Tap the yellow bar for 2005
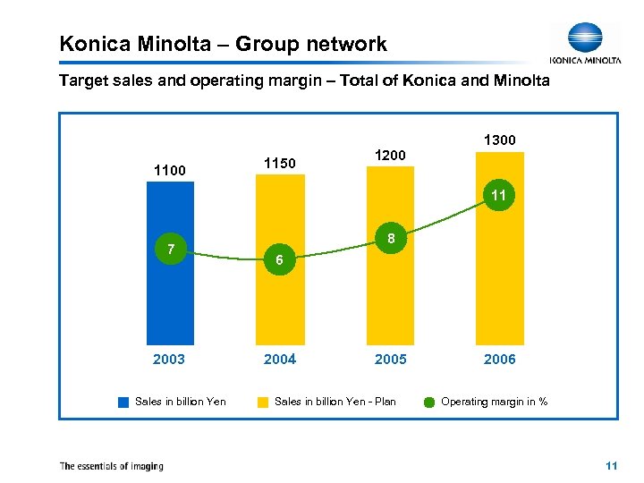(390, 286)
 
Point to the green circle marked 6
(280, 259)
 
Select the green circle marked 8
(390, 239)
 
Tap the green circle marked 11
(499, 195)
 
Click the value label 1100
(169, 169)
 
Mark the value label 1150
(280, 163)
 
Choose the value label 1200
(390, 155)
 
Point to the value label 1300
(499, 140)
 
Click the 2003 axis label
(169, 360)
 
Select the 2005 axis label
(390, 360)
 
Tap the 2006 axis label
(499, 360)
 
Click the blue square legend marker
(123, 402)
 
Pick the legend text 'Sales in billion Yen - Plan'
(335, 402)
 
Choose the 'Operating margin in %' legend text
(494, 402)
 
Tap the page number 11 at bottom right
(611, 466)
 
